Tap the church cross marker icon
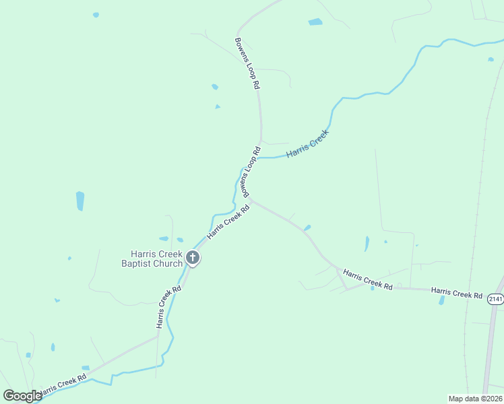coord(193,257)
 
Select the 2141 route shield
coord(496,299)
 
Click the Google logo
coord(22,396)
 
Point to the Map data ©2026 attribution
coord(475,399)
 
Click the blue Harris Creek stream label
coord(307,144)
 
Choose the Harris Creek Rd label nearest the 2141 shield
coord(457,294)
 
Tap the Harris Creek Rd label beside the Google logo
coord(63,384)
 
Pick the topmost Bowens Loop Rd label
coord(247,63)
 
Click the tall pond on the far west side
coord(80,201)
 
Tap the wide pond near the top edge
coord(315,22)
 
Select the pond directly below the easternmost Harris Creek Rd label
coord(442,301)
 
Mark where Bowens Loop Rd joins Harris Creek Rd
coord(251,199)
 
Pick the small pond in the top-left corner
coord(96,14)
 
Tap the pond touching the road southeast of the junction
coord(307,228)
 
